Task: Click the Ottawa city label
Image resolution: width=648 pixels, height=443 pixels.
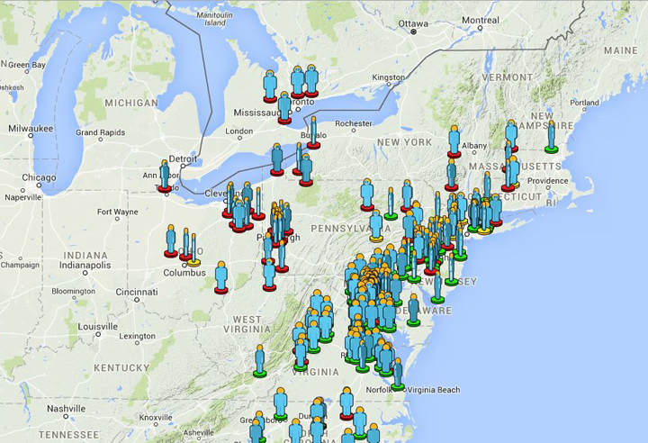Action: tap(414, 23)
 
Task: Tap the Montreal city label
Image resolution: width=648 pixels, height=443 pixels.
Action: tap(480, 20)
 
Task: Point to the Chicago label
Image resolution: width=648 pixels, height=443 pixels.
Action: tap(39, 177)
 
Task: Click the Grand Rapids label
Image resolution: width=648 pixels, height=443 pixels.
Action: tap(100, 132)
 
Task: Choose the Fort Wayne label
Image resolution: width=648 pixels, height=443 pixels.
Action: tap(118, 212)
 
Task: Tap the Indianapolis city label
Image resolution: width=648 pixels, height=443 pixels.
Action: tap(85, 266)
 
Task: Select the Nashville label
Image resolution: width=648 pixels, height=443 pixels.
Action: tap(66, 408)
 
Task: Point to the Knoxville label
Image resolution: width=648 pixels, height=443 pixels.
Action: tap(156, 418)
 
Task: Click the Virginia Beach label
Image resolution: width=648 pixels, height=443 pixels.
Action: tap(433, 390)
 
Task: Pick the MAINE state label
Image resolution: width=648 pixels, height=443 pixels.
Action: tap(621, 50)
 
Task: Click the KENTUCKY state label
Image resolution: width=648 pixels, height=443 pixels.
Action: tap(121, 367)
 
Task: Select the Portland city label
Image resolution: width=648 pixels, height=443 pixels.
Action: tap(584, 103)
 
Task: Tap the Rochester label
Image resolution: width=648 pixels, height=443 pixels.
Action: tap(353, 123)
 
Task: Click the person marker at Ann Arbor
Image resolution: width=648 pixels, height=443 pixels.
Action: tap(165, 175)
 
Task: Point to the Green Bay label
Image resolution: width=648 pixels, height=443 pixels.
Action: tap(26, 65)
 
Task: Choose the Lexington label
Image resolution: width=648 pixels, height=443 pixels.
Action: tap(137, 337)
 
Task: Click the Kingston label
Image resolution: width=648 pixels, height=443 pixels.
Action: tap(388, 77)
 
